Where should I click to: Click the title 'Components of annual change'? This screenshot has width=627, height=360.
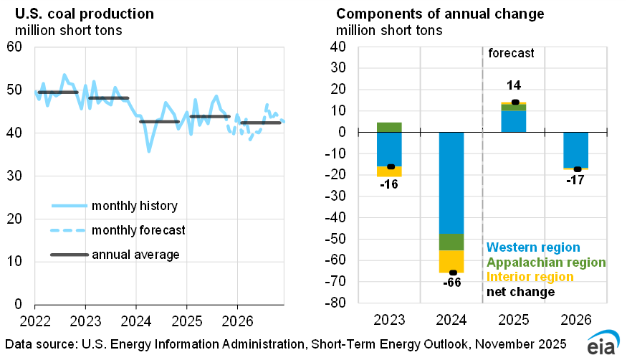coord(440,14)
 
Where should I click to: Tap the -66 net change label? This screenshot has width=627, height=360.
coord(452,283)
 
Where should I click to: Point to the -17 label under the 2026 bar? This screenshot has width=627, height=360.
coord(576,180)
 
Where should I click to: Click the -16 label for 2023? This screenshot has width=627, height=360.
coord(389,184)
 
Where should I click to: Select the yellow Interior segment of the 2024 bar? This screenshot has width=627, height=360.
coord(451,260)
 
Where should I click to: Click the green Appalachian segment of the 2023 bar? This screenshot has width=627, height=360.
coord(389,127)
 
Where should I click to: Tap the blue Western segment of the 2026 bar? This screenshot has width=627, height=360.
coord(576,149)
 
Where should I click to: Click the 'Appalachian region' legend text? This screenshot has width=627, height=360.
coord(547,262)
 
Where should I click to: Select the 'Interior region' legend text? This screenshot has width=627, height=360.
coord(530,277)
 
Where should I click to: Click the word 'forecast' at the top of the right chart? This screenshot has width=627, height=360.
coord(511,54)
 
